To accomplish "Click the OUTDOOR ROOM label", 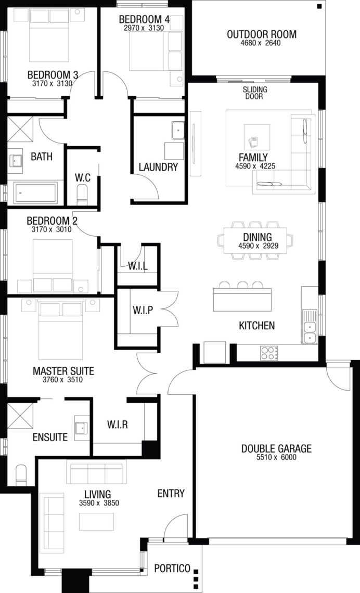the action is coord(261,34).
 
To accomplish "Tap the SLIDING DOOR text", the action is coord(255,93).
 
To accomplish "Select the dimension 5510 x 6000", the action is coord(276,457).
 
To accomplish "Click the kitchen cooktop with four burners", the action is coord(269,353).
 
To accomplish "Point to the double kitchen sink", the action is coord(310,327).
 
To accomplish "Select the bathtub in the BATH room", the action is coord(35,193).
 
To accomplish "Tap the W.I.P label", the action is coord(143,310).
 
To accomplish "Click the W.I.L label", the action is coord(138,266).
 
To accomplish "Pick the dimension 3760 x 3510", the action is coord(63,380).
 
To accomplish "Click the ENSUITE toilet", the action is coord(21,475).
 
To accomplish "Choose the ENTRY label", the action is coord(171,493).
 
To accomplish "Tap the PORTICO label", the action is coord(172,568).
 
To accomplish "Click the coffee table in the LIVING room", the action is coord(96,522).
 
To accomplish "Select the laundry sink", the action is coord(178,131).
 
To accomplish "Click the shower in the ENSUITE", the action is coord(20,416).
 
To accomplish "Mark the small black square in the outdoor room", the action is coord(319,6).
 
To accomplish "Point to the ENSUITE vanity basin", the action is coord(81,428).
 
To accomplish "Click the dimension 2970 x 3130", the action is coord(144,28).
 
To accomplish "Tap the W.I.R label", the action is coord(117,424).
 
